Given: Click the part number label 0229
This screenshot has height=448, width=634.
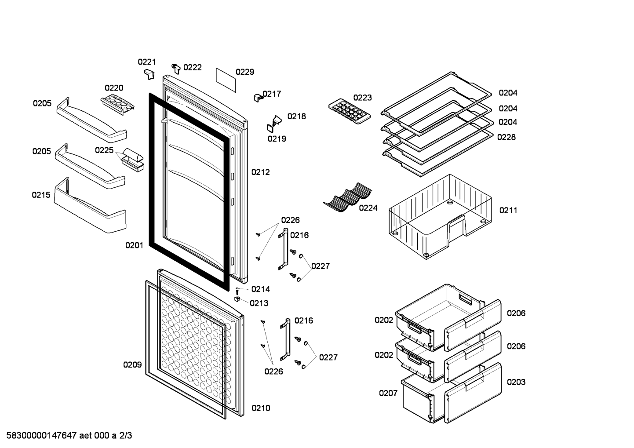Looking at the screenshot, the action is [245, 72].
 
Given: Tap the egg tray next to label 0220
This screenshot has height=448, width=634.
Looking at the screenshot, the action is [117, 104].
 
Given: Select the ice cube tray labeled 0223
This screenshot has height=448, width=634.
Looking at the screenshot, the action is [350, 111].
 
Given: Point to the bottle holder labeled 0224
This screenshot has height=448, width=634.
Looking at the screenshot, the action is [348, 197].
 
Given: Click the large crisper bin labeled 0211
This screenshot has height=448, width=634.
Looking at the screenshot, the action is [440, 216].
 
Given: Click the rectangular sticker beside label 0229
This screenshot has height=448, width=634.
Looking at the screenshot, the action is [226, 80].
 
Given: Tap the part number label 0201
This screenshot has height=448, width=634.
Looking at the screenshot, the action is [134, 245].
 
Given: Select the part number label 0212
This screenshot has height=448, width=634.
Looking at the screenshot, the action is [260, 172].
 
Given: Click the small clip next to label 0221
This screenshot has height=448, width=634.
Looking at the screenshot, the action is [149, 74].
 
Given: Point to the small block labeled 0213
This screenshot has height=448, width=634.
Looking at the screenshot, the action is [237, 299].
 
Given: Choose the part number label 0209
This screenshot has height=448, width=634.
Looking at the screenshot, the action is [132, 364].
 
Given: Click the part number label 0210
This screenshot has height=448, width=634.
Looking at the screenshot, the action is [261, 408].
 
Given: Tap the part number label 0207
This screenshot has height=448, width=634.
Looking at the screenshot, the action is [388, 393].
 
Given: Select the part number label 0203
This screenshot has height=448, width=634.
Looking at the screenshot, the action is [516, 382].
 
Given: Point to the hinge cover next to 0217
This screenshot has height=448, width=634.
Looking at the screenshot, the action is [258, 98].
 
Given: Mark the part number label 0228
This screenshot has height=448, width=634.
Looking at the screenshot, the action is [506, 137].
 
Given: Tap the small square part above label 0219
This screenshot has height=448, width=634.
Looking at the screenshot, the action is [270, 128].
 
